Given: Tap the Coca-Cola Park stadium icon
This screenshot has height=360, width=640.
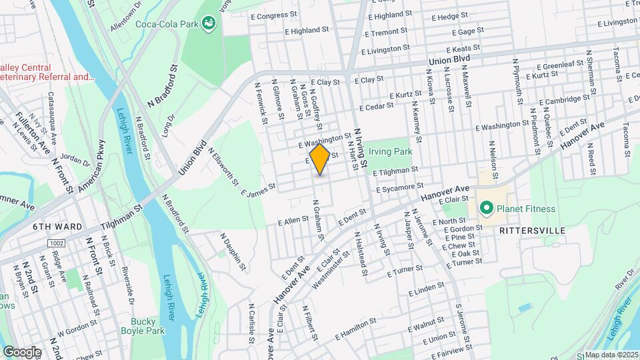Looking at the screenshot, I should (209, 24).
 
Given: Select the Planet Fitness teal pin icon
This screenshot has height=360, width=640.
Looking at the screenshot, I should (487, 209).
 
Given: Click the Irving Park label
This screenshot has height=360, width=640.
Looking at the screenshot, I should (391, 151).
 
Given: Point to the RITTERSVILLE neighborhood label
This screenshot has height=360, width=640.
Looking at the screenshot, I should (533, 231).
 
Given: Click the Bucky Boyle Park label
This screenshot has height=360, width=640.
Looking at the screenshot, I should (147, 325).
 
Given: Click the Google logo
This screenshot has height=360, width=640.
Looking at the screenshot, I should (22, 351).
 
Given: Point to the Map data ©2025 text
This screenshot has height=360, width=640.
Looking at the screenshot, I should (611, 355).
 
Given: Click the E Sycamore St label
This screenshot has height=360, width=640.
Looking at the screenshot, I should (400, 189).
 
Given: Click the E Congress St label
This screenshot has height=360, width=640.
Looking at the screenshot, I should (273, 14).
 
